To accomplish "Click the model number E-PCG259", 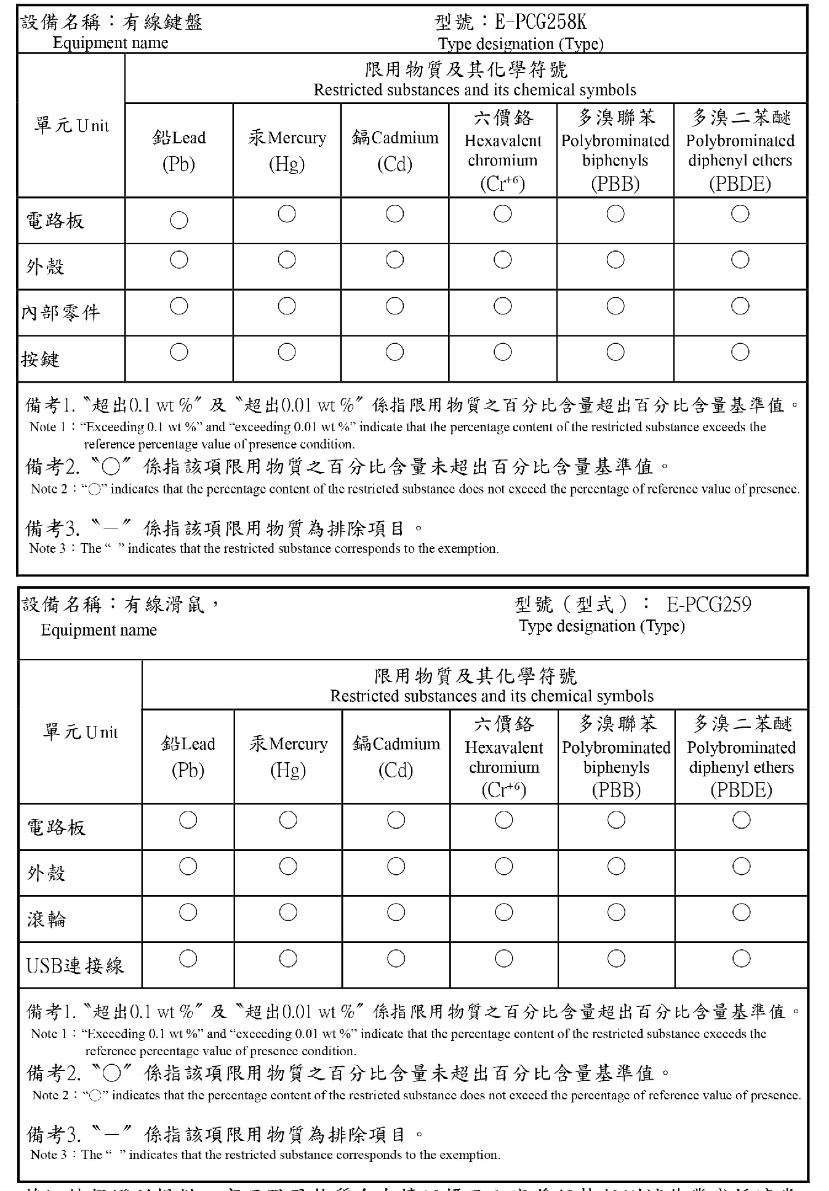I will click(708, 605).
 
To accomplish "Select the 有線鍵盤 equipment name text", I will click(162, 23).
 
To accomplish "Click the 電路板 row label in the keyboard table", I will click(55, 221).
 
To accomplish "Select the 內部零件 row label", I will click(60, 313).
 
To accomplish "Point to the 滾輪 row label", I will click(46, 919).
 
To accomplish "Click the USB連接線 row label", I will click(74, 965).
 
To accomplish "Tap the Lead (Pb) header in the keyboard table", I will click(178, 150).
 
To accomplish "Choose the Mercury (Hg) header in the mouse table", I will click(288, 757).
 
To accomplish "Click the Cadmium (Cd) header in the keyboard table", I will click(394, 150).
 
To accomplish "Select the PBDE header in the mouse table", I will click(741, 757).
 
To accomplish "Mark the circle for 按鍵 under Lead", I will click(179, 352).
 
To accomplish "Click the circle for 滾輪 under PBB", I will click(616, 912).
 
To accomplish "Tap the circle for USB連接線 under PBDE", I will click(741, 958).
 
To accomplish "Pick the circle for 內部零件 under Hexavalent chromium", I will click(503, 306).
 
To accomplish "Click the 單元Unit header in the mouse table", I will click(80, 732).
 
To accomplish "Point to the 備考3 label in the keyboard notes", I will click(52, 528).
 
